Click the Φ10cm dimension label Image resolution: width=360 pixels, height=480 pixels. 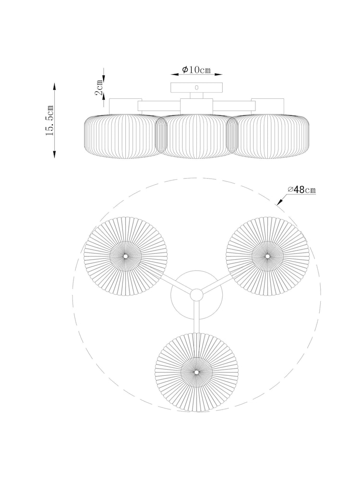pyautogui.click(x=196, y=70)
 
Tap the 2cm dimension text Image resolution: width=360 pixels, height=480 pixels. pyautogui.click(x=99, y=89)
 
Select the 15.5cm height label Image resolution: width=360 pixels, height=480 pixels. pyautogui.click(x=49, y=120)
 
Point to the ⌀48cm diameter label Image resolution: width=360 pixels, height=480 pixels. pyautogui.click(x=301, y=190)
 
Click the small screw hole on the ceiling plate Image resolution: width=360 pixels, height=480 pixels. pyautogui.click(x=196, y=87)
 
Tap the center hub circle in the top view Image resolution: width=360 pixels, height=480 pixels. pyautogui.click(x=196, y=295)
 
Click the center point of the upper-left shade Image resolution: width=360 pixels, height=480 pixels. pyautogui.click(x=125, y=256)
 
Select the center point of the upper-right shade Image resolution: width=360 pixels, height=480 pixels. pyautogui.click(x=267, y=256)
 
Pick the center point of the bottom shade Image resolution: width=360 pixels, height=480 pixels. pyautogui.click(x=196, y=372)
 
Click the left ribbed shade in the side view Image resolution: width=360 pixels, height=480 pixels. pyautogui.click(x=125, y=136)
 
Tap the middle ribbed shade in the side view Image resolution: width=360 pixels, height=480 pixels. pyautogui.click(x=196, y=136)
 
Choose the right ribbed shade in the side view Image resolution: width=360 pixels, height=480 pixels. pyautogui.click(x=267, y=136)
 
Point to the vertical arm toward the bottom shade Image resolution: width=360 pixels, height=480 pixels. pyautogui.click(x=196, y=317)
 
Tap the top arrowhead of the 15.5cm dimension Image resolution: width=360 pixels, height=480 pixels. pyautogui.click(x=55, y=86)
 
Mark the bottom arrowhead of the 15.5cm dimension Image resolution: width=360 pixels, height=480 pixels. pyautogui.click(x=55, y=154)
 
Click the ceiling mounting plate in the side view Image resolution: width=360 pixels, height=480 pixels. pyautogui.click(x=196, y=87)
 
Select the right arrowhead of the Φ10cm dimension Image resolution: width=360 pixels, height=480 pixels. pyautogui.click(x=218, y=74)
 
